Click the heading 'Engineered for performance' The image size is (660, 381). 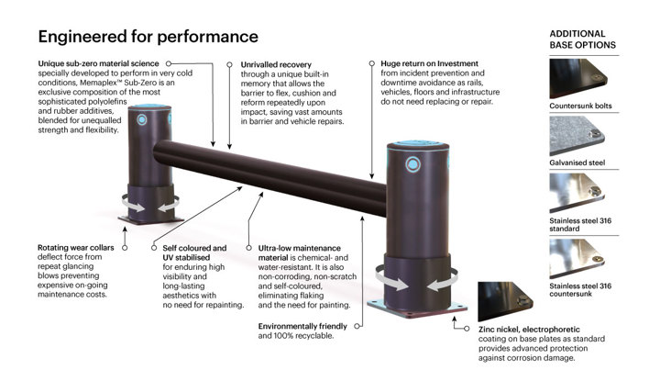[x=148, y=38]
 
